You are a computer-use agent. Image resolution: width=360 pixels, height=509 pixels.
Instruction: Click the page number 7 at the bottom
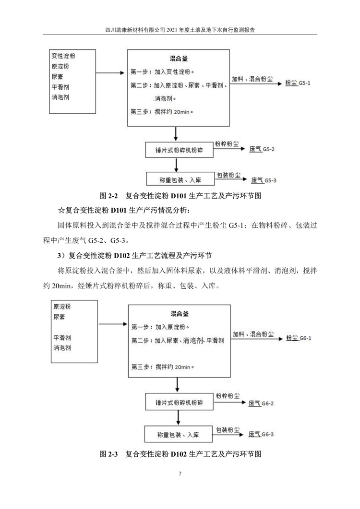180,474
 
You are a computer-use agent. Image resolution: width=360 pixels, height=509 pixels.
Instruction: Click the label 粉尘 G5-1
298,83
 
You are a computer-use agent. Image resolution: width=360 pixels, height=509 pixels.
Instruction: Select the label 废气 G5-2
262,150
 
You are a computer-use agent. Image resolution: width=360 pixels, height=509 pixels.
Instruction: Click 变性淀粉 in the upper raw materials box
63,57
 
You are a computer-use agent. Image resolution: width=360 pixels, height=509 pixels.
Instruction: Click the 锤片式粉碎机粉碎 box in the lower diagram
179,402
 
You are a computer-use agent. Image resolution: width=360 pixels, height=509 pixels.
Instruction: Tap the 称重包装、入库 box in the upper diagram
179,180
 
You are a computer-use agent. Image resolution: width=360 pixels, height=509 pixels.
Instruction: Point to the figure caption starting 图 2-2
180,196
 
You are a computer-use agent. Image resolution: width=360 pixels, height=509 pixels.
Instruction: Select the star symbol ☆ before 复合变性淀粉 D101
61,210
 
